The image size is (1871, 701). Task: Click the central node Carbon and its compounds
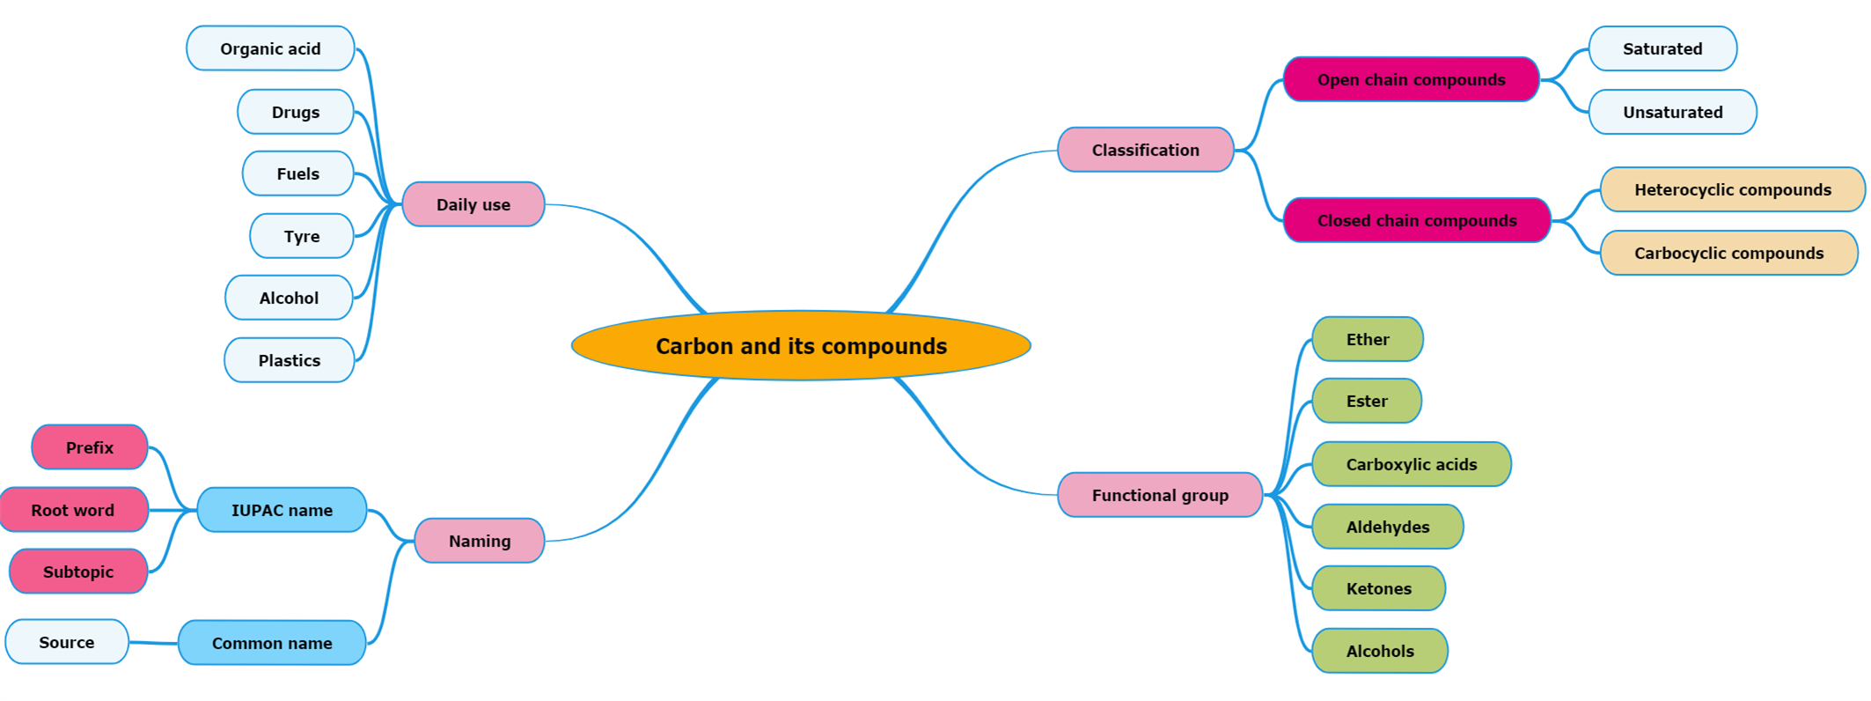801,346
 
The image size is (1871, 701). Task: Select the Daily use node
473,204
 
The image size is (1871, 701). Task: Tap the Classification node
1145,150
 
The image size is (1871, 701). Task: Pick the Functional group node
1160,495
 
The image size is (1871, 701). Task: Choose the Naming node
480,541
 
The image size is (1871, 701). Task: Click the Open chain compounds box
1411,79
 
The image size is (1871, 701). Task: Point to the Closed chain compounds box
1417,220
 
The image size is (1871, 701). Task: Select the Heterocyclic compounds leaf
1732,189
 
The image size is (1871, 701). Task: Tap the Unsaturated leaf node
1672,112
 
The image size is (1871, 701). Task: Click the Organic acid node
270,48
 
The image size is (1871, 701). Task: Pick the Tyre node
302,236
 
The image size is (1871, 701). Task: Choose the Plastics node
290,360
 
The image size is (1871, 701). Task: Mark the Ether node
1368,339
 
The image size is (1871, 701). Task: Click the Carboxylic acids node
1412,464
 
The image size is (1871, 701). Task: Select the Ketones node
1378,588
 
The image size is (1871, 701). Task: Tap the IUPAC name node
282,510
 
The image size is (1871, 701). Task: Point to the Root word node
73,510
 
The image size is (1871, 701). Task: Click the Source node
67,642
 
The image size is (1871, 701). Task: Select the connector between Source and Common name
153,643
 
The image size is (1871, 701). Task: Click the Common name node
272,643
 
